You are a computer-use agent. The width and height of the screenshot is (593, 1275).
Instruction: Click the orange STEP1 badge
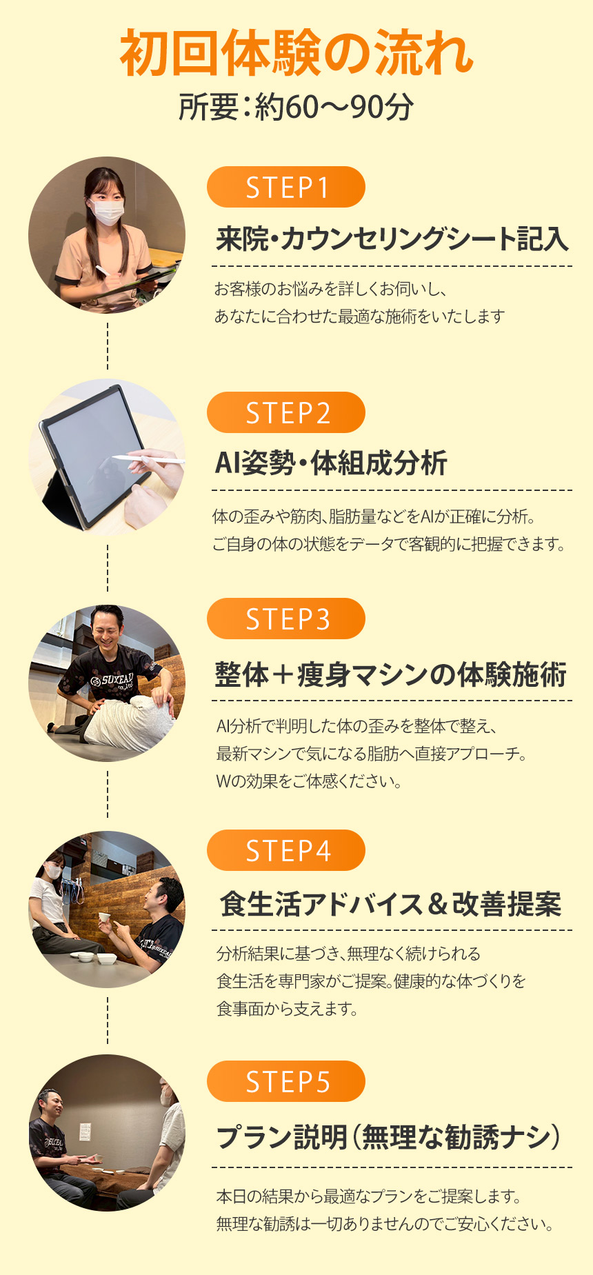[x=286, y=187]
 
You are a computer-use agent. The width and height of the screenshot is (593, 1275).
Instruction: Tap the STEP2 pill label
[x=286, y=412]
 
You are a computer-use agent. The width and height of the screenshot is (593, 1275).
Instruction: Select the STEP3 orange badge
[x=286, y=619]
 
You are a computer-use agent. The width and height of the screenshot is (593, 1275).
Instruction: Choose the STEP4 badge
[x=286, y=850]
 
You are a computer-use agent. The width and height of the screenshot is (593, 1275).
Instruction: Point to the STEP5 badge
[x=286, y=1081]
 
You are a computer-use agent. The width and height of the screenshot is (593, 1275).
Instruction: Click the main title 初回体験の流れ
[x=296, y=52]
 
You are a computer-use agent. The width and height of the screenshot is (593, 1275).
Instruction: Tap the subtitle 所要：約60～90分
[x=296, y=107]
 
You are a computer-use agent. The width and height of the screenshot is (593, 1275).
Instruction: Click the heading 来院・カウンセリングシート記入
[x=392, y=239]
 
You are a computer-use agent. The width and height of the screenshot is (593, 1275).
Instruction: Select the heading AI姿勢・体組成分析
[x=331, y=463]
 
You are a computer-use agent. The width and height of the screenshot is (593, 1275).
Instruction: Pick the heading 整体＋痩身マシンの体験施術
[x=391, y=674]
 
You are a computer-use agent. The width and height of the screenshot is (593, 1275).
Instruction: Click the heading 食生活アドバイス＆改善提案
[x=391, y=904]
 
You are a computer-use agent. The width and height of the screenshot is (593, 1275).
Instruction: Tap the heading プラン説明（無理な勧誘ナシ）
[x=388, y=1136]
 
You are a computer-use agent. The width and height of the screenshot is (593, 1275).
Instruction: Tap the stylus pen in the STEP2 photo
[x=149, y=458]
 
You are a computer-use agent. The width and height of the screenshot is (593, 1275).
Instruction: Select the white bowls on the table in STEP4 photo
[x=96, y=957]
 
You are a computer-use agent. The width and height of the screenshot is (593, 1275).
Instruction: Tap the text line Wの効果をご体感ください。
[x=309, y=781]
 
